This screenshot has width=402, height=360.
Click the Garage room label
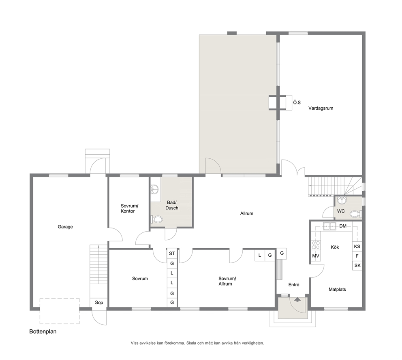(x=65, y=227)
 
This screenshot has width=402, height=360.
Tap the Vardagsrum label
(x=321, y=108)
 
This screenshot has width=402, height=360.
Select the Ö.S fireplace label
(x=297, y=102)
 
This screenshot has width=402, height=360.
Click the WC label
(x=341, y=211)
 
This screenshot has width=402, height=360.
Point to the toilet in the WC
(x=356, y=214)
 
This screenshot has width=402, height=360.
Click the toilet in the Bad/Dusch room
(x=157, y=219)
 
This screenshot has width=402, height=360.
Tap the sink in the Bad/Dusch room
(x=155, y=189)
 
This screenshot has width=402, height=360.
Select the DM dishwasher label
(x=343, y=226)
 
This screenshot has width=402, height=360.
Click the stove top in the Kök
(x=315, y=245)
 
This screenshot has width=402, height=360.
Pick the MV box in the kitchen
(x=316, y=256)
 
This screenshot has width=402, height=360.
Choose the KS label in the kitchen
(x=357, y=247)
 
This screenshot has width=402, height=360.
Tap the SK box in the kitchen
(x=357, y=266)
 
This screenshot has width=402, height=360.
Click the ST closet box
(x=172, y=253)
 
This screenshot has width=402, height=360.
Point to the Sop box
(x=99, y=302)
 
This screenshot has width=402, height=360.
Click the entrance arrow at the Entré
(x=297, y=299)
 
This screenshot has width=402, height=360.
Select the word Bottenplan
(x=43, y=332)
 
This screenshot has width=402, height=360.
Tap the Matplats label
(x=337, y=289)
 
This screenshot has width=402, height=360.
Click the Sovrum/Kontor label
(x=129, y=208)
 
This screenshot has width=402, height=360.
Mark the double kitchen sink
(x=330, y=226)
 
